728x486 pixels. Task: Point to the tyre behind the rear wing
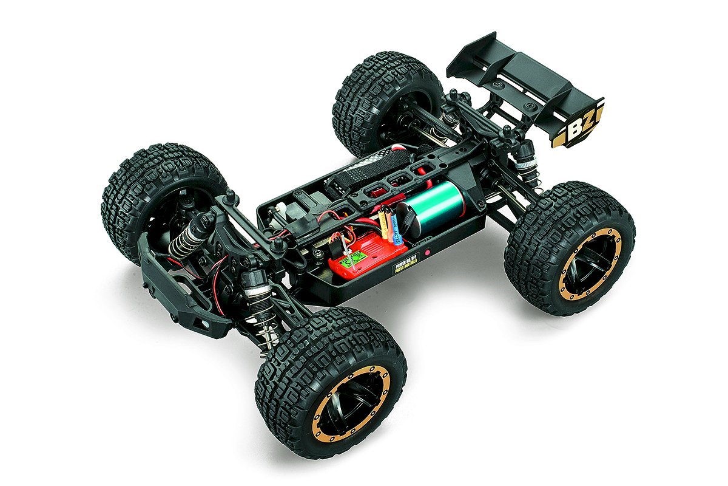point(382,100)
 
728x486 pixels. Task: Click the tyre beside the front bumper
point(152,194)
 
